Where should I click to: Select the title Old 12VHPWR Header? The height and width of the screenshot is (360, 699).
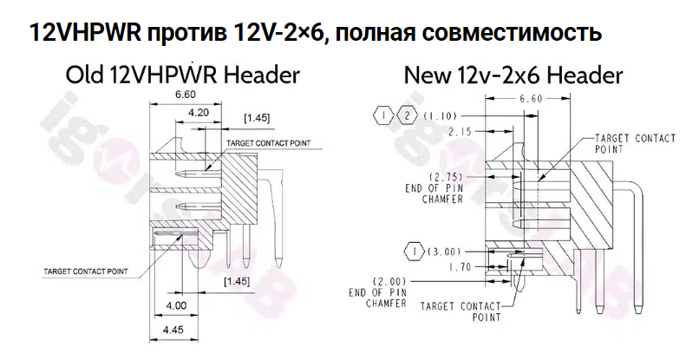(183, 75)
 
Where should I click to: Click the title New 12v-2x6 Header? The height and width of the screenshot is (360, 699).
(513, 75)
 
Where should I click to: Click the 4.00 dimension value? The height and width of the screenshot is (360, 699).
(177, 306)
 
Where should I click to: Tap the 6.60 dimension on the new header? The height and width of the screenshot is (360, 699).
(530, 99)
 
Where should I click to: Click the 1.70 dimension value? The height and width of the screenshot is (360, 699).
(458, 266)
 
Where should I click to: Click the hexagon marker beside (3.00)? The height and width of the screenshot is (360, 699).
(414, 251)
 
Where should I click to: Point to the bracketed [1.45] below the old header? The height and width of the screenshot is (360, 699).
(238, 281)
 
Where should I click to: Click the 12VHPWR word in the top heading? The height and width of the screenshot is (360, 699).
(82, 34)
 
